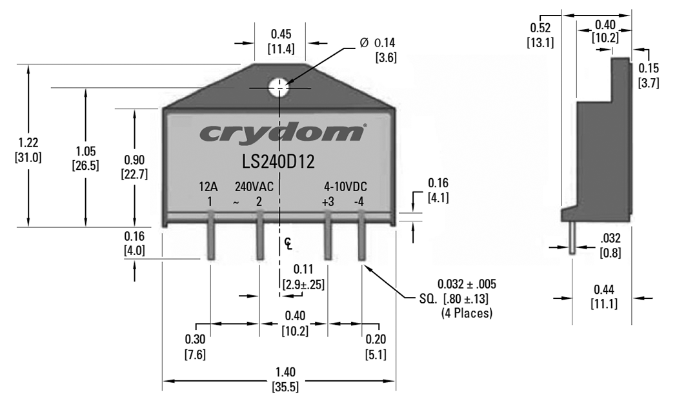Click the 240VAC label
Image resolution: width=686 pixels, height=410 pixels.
tap(254, 188)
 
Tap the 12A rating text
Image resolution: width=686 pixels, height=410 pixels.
tap(208, 188)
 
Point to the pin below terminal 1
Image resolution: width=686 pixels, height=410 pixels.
tap(211, 243)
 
